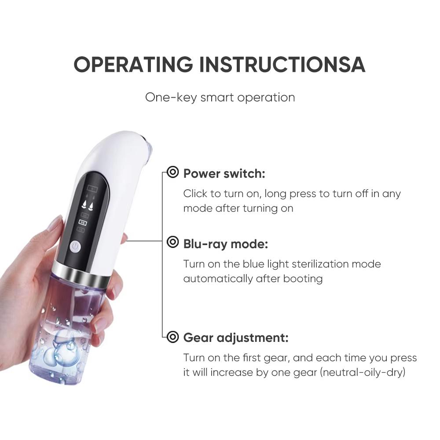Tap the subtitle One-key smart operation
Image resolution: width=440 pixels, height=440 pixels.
coord(220,97)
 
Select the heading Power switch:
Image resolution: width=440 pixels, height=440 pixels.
coord(224,173)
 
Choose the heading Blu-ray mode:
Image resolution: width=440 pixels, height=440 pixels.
coord(225,243)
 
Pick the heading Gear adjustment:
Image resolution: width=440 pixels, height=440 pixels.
coord(235,338)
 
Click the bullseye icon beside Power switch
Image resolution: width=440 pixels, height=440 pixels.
coord(173,173)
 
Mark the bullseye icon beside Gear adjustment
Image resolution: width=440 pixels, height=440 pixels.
coord(173,337)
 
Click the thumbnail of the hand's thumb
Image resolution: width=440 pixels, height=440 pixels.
coord(56,224)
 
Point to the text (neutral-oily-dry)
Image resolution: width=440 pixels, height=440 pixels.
coord(363,373)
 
